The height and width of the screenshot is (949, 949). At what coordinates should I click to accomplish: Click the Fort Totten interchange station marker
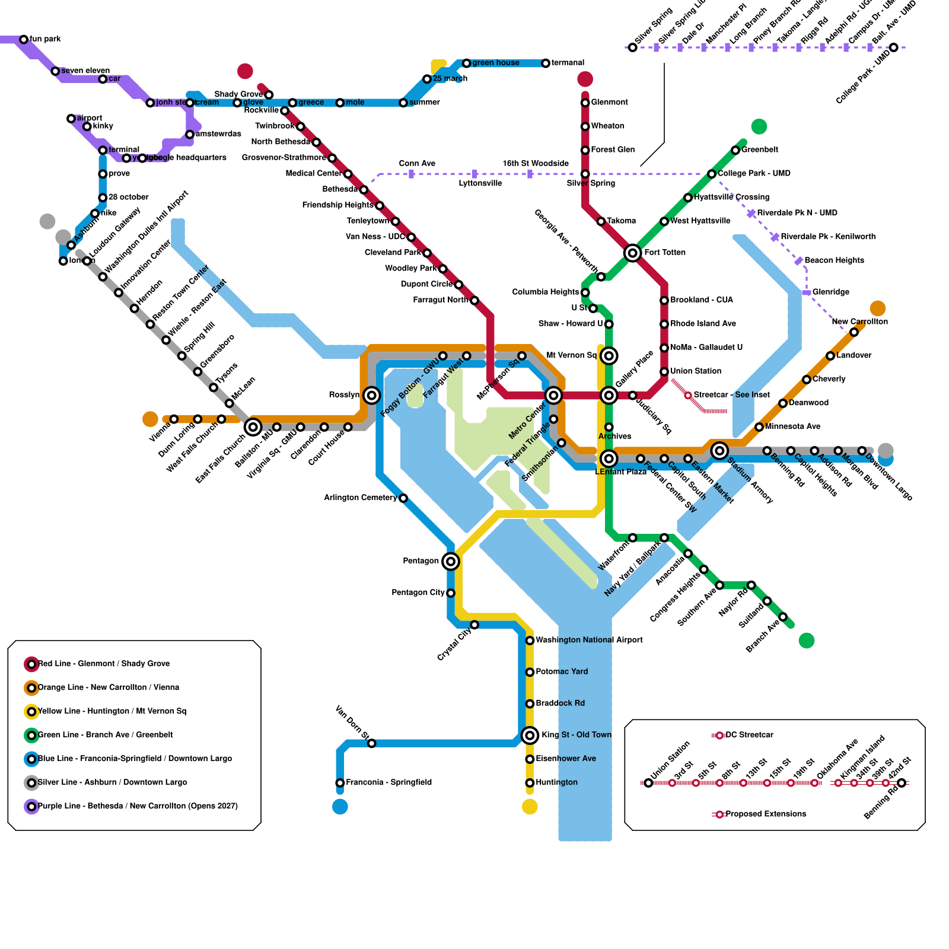pos(633,253)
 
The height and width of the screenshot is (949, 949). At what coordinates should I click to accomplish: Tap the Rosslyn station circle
pos(372,396)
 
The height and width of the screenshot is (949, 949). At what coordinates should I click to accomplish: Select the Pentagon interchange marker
pos(451,561)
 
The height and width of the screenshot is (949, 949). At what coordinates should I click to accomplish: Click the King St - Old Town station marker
pos(530,735)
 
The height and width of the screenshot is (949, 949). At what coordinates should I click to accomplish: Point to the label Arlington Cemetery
pos(360,498)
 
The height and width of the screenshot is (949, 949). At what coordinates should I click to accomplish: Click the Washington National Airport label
pos(589,640)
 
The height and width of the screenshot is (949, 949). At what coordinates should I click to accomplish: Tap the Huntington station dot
pos(530,783)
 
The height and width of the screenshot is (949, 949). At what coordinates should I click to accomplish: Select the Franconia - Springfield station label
pos(388,782)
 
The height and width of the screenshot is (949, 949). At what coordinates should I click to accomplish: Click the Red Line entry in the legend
pos(104,664)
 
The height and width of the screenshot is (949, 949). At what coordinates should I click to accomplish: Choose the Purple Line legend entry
pos(138,806)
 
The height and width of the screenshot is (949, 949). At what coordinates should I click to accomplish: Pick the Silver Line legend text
pos(112,782)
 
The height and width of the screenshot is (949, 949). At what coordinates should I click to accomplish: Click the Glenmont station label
pos(609,102)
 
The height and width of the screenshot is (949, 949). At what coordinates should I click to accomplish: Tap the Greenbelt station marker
pos(735,150)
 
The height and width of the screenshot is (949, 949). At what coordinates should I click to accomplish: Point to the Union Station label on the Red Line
pos(696,371)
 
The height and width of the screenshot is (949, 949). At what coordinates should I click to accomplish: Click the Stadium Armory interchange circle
pos(719,451)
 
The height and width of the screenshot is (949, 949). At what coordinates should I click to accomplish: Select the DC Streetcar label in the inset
pos(749,735)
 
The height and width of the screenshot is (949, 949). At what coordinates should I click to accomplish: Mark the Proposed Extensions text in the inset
pos(766,814)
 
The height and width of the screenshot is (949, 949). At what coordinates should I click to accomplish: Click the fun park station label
pos(46,39)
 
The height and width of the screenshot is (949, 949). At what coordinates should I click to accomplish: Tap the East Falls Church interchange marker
pos(253,427)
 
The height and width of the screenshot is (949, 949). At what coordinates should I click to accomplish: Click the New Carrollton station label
pos(859,321)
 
